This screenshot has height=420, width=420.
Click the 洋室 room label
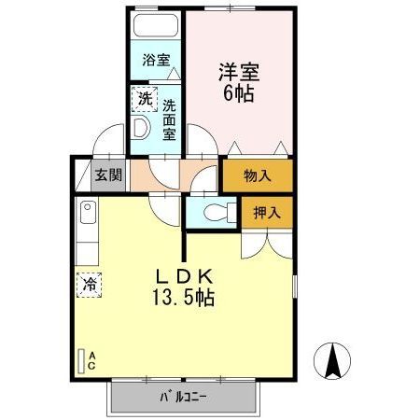pyautogui.click(x=239, y=72)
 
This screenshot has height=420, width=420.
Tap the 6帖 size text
pyautogui.click(x=239, y=93)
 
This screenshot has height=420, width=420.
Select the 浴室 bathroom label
pyautogui.click(x=156, y=60)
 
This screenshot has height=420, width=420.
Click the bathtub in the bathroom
pyautogui.click(x=156, y=25)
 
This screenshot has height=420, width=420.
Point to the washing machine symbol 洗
pyautogui.click(x=145, y=99)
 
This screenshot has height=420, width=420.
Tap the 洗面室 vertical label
pyautogui.click(x=170, y=119)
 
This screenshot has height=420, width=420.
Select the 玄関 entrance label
pyautogui.click(x=108, y=175)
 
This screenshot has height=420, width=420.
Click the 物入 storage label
pyautogui.click(x=258, y=175)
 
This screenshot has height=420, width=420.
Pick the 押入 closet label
pyautogui.click(x=267, y=213)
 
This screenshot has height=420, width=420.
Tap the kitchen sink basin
pyautogui.click(x=88, y=212)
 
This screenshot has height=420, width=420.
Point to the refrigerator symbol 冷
pyautogui.click(x=90, y=285)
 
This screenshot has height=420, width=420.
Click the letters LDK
pyautogui.click(x=185, y=276)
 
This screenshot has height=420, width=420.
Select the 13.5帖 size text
pyautogui.click(x=183, y=298)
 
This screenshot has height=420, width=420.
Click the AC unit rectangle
pyautogui.click(x=81, y=361)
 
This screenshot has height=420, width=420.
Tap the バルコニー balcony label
pyautogui.click(x=183, y=397)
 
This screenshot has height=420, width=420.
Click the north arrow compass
pyautogui.click(x=332, y=361)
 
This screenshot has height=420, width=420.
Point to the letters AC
pyautogui.click(x=91, y=361)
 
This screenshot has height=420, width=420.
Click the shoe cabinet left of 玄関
pyautogui.click(x=83, y=175)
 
